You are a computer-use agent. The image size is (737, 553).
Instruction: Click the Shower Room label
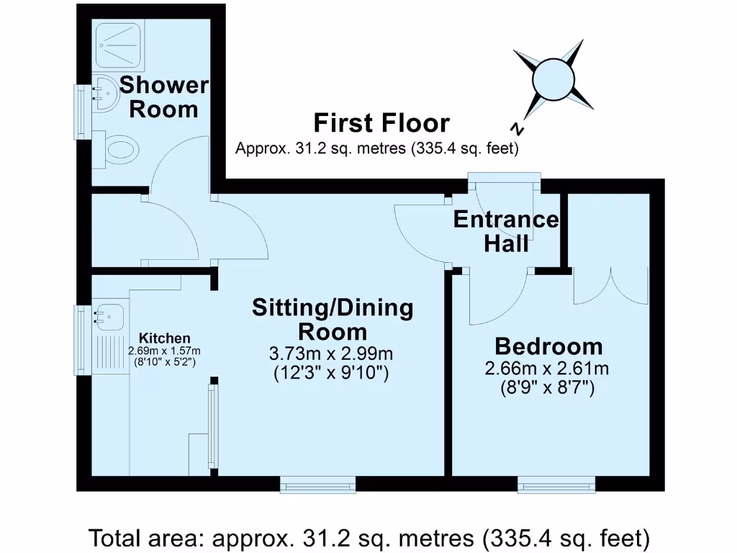tap(164, 97)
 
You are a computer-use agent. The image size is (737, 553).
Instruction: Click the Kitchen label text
tap(165, 338)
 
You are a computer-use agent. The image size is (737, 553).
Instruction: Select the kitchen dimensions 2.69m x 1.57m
tap(165, 351)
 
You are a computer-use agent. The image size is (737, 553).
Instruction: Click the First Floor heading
tap(381, 123)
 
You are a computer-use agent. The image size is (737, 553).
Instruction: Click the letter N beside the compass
tap(516, 129)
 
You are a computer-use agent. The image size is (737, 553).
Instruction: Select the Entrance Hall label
tap(505, 231)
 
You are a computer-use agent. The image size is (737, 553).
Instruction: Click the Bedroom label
tap(548, 346)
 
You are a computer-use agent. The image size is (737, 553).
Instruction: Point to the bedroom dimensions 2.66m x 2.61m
tap(548, 369)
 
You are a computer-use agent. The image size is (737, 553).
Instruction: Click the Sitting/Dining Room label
tap(333, 320)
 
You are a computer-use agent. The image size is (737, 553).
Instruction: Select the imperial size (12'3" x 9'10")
tap(332, 373)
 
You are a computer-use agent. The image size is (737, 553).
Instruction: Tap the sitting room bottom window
tap(317, 486)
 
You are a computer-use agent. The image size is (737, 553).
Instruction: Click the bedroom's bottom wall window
tap(556, 486)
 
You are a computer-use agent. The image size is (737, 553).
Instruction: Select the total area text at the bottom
tap(368, 537)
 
